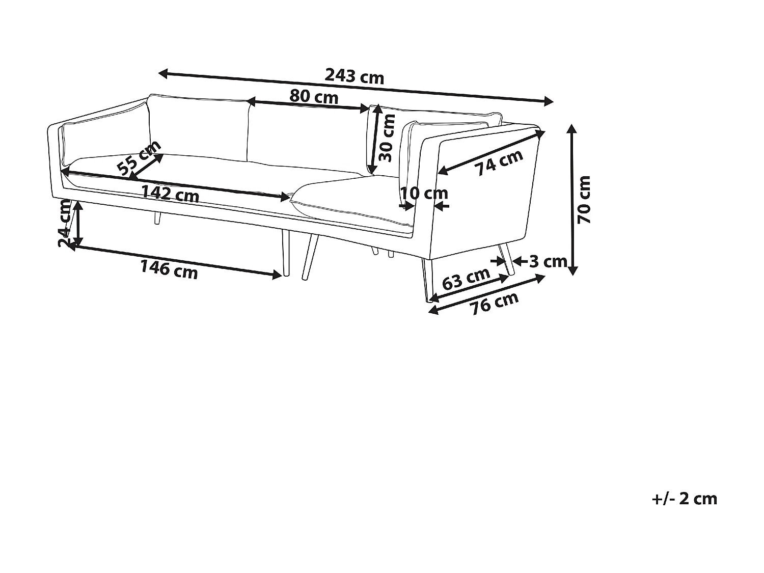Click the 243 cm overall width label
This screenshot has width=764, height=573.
click(x=354, y=76)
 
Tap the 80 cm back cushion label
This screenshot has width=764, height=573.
click(x=314, y=96)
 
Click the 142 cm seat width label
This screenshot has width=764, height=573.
click(x=170, y=194)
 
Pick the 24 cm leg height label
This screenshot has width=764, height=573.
click(x=65, y=224)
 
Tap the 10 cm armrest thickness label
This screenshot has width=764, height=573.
click(x=424, y=194)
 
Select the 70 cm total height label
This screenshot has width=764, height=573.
click(x=585, y=199)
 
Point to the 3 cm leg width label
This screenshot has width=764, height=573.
click(x=548, y=262)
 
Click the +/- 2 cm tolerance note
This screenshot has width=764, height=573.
click(x=684, y=499)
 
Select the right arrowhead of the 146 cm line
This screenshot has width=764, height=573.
click(x=278, y=275)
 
